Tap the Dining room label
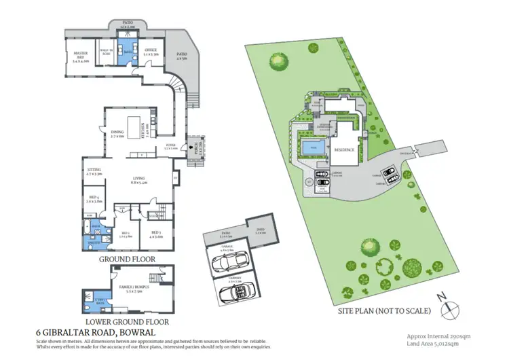[118, 133]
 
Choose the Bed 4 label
[94, 200]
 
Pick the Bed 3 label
[157, 235]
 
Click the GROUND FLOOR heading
[127, 259]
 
